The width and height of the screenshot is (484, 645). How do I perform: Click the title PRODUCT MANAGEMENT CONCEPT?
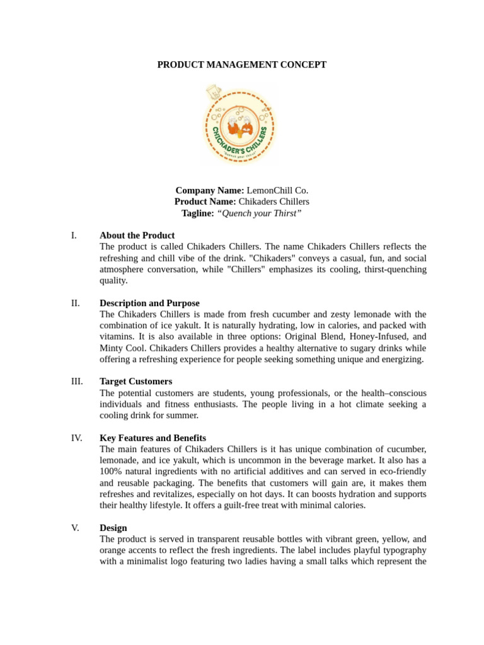[242, 65]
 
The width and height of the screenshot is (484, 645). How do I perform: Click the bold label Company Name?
[209, 190]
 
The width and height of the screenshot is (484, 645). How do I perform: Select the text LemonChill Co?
[277, 190]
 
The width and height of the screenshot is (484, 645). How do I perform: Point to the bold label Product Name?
[205, 202]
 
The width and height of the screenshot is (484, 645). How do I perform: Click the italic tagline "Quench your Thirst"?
[259, 214]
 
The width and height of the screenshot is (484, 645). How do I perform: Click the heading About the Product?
[137, 236]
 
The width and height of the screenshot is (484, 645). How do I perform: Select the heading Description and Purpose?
[149, 303]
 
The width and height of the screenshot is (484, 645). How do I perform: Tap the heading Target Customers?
[135, 382]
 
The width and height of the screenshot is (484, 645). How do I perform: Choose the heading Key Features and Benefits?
[153, 438]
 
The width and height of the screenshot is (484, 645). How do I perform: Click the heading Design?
[113, 528]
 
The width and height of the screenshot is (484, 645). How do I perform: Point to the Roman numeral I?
[74, 236]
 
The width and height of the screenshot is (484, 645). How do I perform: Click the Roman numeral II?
[76, 303]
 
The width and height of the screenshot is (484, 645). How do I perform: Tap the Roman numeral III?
[76, 382]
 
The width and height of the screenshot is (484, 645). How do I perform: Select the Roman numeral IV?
[76, 438]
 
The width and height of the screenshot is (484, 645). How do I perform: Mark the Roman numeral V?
[75, 528]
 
